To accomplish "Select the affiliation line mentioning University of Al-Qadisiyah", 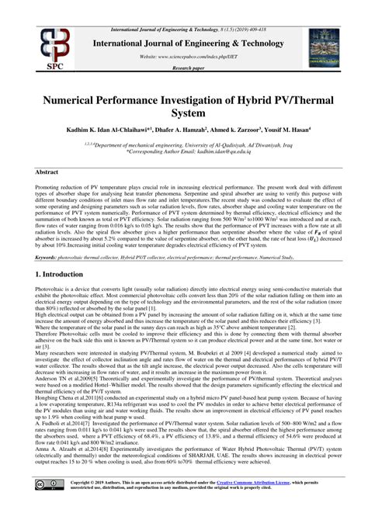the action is pyautogui.click(x=186, y=144).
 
